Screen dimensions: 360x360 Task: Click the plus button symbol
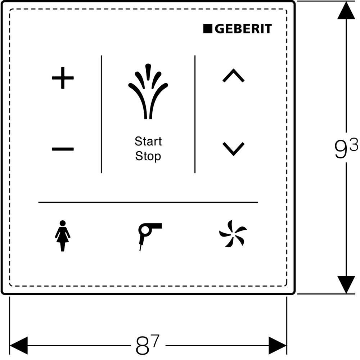[x=63, y=77]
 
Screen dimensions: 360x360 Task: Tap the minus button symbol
[x=63, y=149]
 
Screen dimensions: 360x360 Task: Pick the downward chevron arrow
[x=233, y=149]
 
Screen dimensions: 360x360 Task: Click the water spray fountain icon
[x=148, y=92]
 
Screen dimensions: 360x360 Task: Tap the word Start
[x=148, y=141]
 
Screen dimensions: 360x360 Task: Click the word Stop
[x=148, y=156]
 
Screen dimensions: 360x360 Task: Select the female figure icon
[x=63, y=235]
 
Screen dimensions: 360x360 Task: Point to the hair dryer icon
[x=148, y=234]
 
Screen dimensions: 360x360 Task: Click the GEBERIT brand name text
[x=243, y=29]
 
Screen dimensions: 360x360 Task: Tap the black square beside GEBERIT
[x=208, y=29]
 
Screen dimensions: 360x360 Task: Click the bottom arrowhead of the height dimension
[x=346, y=284]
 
